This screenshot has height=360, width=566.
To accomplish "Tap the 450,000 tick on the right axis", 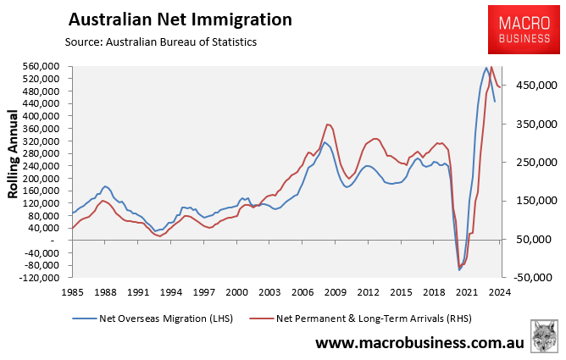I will tap(530, 86).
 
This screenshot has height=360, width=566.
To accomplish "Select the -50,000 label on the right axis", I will tap(531, 277).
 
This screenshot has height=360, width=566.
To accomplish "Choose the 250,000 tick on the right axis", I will tap(530, 162).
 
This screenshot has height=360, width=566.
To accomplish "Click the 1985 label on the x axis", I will tap(72, 292).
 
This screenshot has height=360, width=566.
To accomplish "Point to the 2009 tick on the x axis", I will tap(334, 292).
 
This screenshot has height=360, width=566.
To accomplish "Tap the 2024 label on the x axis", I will tap(499, 292).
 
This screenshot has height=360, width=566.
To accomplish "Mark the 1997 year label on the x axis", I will tap(203, 292).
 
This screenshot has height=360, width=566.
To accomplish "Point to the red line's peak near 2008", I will tap(326, 124).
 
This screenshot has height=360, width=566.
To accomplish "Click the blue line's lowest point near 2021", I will tap(459, 269).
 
